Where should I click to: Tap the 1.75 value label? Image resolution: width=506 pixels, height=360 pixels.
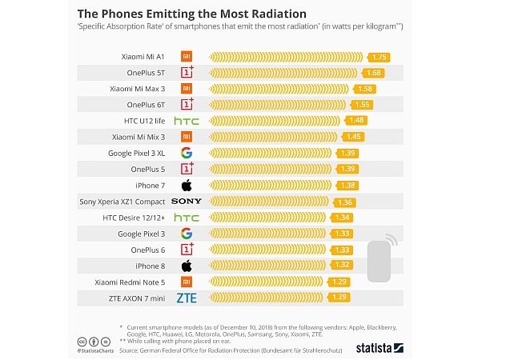[380, 57]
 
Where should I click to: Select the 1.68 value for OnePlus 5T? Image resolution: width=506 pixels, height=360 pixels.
[373, 73]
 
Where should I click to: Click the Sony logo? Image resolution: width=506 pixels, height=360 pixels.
[186, 202]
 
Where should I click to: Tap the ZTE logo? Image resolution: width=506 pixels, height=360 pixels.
[186, 298]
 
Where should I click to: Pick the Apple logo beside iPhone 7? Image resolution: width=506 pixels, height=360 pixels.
[186, 186]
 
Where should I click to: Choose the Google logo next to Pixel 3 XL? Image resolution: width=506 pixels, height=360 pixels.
[186, 153]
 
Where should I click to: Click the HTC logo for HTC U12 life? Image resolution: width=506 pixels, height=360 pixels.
[186, 121]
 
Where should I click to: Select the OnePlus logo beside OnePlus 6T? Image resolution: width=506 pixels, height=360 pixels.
[187, 104]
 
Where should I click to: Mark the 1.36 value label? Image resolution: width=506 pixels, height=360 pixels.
[346, 202]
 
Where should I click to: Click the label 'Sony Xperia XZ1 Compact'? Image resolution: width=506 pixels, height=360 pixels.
[122, 202]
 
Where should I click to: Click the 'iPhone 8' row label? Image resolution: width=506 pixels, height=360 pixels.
[149, 266]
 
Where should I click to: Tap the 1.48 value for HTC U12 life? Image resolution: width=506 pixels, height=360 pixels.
[357, 121]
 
